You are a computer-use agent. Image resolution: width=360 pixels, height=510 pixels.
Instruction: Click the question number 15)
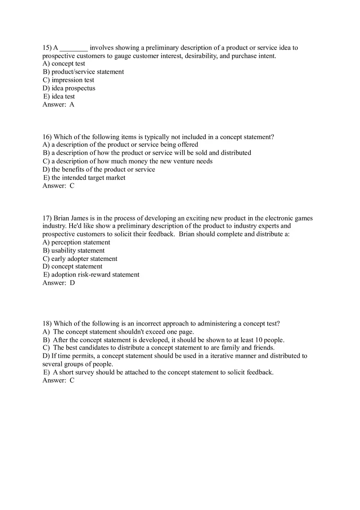[x=47, y=48]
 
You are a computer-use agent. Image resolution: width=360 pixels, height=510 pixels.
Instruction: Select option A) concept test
[x=64, y=64]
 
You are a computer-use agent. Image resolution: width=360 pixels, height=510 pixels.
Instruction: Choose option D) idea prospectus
[x=69, y=88]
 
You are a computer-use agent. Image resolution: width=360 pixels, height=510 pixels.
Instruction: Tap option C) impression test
[x=68, y=80]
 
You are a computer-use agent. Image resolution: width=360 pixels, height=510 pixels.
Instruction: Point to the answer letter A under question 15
[x=72, y=105]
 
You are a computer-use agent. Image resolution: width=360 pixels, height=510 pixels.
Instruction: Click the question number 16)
[x=47, y=137]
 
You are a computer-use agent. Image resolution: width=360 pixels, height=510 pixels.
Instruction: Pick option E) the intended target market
[x=84, y=178]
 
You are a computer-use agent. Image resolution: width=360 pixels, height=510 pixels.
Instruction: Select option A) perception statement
[x=76, y=243]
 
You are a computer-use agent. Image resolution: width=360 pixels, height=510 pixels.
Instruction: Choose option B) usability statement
[x=74, y=251]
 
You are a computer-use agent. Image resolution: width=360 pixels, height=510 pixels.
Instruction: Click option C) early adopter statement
[x=80, y=259]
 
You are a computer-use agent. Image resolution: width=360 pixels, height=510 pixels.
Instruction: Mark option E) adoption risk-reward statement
[x=91, y=275]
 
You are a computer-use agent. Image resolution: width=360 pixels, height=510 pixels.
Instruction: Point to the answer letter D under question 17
[x=72, y=283]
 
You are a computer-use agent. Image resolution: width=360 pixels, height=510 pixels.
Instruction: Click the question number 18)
[x=47, y=324]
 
